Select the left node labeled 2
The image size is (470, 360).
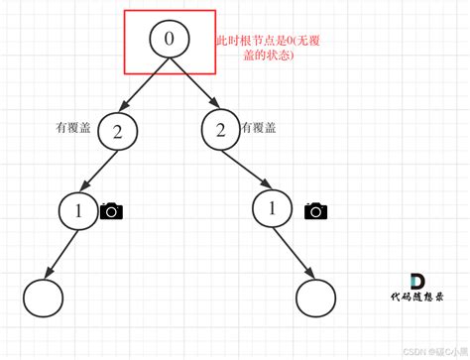pos(118,132)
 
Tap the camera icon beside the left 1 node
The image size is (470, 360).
pos(112,210)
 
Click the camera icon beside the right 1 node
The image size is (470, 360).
pos(316,210)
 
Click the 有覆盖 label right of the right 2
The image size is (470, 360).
pos(260,129)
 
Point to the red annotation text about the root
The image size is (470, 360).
pos(261,51)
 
